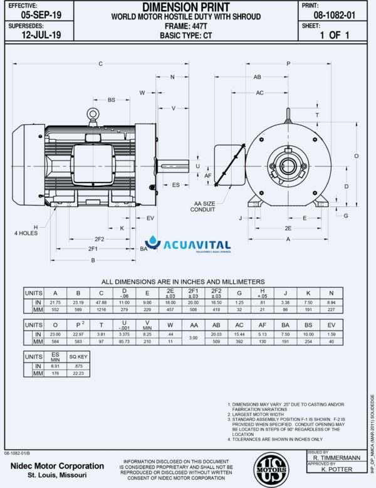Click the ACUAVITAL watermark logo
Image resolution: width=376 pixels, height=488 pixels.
(188, 245)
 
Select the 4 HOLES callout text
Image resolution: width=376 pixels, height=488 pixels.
(26, 233)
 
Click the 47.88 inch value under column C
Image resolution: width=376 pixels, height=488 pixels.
(101, 302)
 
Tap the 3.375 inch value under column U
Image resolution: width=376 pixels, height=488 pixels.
(124, 335)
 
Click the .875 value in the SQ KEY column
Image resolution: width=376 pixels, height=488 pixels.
(78, 366)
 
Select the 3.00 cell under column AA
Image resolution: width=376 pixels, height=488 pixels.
(194, 339)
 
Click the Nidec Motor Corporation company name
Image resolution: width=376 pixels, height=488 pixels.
(58, 466)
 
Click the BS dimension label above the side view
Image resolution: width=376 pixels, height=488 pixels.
(112, 100)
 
